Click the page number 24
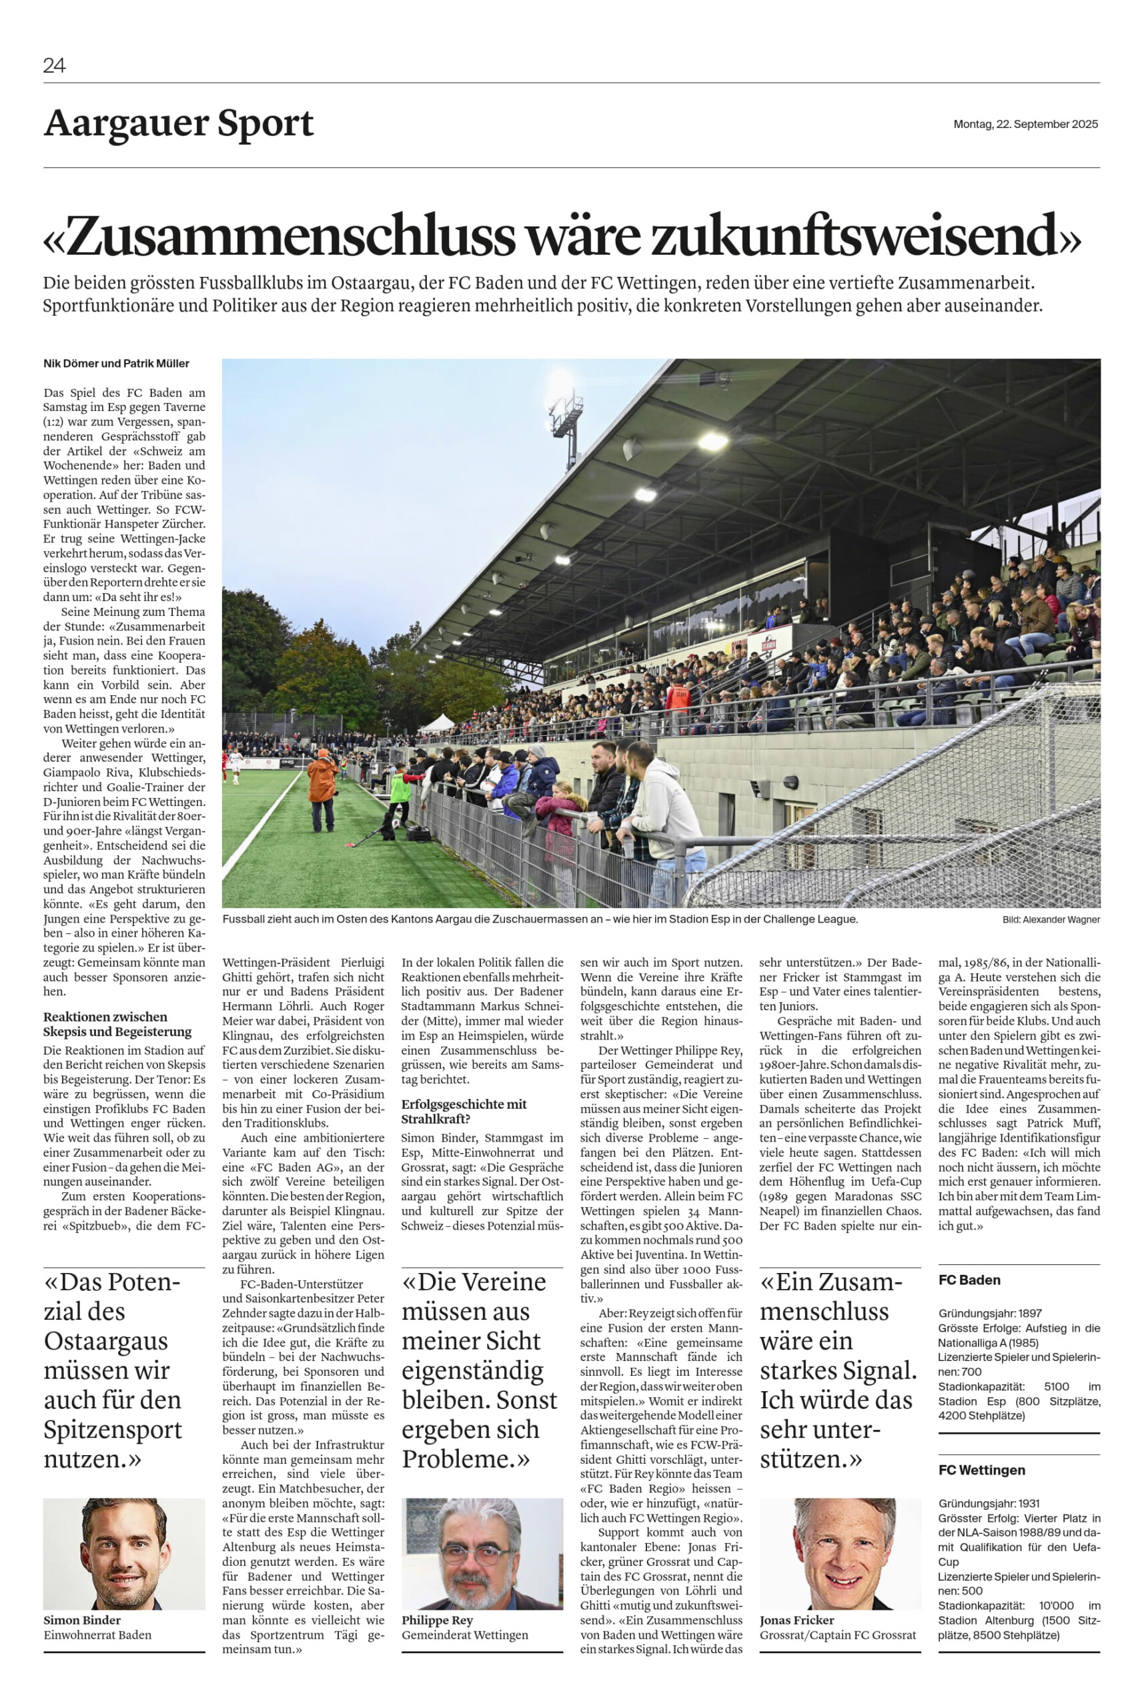[x=54, y=65]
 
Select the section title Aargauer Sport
[x=178, y=123]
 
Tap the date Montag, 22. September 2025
[x=1025, y=124]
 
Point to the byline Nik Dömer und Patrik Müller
[x=116, y=364]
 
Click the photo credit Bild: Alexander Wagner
[x=1051, y=920]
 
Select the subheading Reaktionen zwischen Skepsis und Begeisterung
[x=117, y=1023]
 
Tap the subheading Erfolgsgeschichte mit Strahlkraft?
[x=464, y=1111]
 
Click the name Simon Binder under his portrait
[x=81, y=1621]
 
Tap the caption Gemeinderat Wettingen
[x=464, y=1635]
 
